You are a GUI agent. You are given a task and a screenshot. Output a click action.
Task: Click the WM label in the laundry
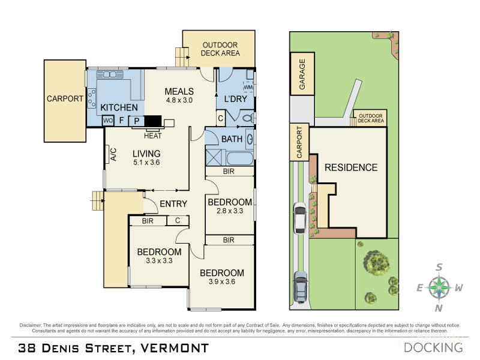pos(248,88)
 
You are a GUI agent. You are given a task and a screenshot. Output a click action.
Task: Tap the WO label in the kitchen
pos(108,121)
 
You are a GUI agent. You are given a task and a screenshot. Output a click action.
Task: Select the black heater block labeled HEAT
pos(154,121)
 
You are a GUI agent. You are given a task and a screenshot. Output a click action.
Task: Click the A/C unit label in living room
pos(112,155)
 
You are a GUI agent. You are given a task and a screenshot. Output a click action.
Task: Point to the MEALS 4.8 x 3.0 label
pos(179,96)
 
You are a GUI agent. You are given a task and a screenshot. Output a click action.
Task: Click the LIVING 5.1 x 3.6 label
pos(146,158)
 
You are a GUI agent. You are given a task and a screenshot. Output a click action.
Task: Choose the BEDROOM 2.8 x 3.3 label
pos(230,206)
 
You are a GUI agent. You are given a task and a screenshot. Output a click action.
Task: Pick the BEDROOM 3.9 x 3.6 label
pos(222,277)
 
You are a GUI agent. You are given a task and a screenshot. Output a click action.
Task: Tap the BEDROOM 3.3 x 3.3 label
pos(159,256)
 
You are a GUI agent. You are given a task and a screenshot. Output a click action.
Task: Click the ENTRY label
pos(173,204)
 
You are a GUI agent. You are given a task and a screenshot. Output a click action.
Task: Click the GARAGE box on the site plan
pos(302,74)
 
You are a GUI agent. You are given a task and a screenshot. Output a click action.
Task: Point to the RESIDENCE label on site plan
pos(351,167)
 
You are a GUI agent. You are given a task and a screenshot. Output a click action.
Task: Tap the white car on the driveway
pos(299,217)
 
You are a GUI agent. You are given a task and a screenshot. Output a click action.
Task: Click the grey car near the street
pos(301,287)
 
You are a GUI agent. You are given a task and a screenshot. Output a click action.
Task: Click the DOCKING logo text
pos(433,347)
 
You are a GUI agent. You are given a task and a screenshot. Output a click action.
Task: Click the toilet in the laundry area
pos(248,119)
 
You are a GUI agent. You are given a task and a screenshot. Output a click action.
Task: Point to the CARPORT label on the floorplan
pos(65,99)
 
